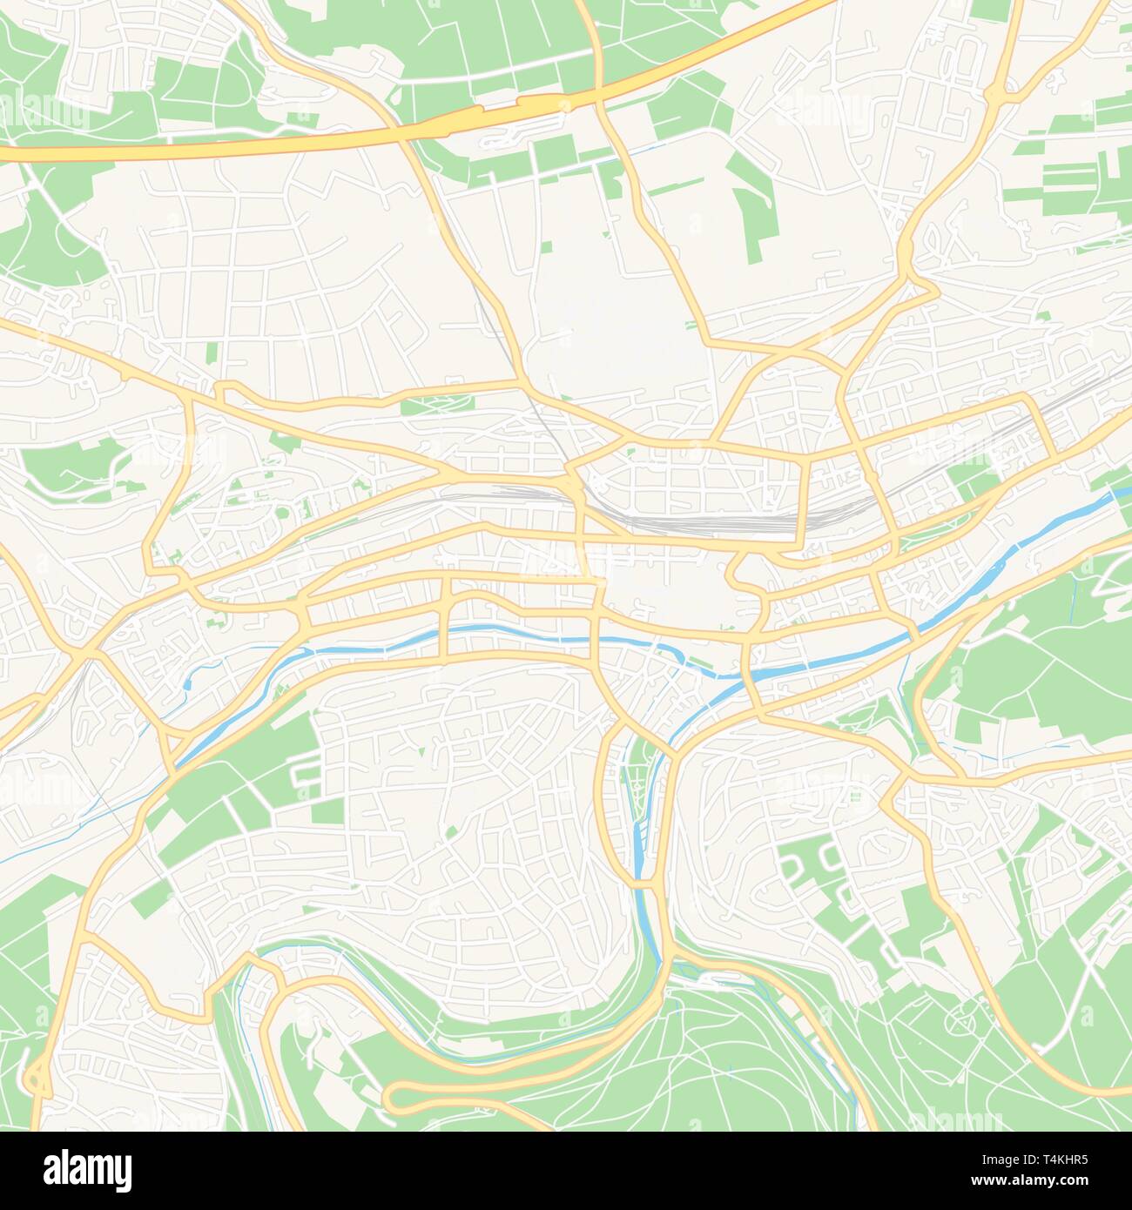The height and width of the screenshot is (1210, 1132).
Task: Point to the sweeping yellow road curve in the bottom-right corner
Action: (x=1028, y=1045)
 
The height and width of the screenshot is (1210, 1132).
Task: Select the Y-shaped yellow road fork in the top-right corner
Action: (x=1001, y=91)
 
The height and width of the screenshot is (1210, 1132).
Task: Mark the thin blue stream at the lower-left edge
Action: (x=26, y=853)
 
